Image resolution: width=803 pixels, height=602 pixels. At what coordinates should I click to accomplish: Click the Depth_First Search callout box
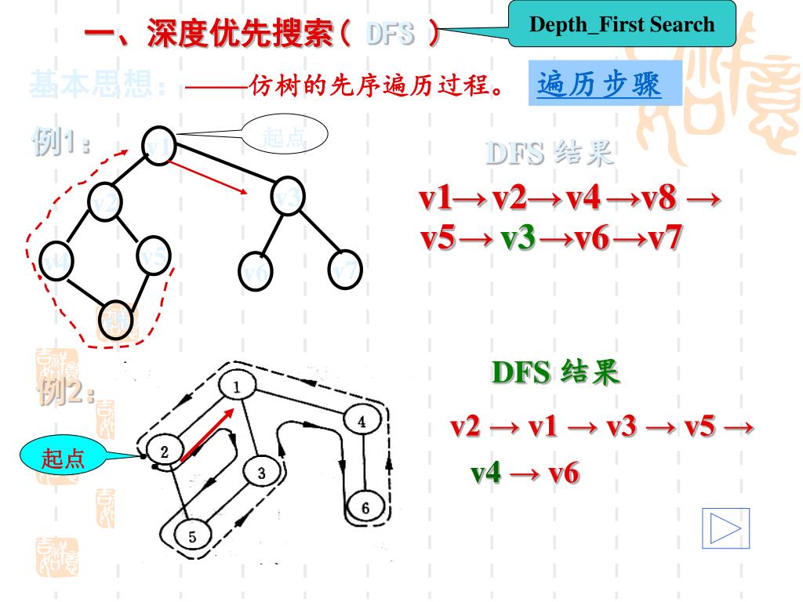tap(623, 24)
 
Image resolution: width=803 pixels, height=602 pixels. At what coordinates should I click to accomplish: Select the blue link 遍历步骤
tap(599, 84)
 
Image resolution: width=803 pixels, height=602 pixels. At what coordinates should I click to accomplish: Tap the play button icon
tap(725, 528)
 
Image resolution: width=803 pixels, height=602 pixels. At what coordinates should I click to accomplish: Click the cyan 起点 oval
tap(64, 459)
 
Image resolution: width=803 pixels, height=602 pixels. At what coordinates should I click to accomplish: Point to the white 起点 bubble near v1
tap(284, 136)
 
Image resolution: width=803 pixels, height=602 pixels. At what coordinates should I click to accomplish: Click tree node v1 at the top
tap(158, 147)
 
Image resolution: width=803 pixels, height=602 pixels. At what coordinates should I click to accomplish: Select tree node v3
tap(289, 198)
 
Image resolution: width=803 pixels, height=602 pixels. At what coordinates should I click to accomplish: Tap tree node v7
tap(346, 269)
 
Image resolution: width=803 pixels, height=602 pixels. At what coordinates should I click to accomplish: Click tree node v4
tap(56, 261)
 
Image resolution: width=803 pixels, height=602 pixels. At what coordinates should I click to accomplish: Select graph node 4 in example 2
tap(362, 421)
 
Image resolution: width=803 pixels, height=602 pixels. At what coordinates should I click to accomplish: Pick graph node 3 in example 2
tap(261, 473)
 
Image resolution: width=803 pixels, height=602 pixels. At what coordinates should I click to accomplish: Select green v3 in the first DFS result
tap(517, 238)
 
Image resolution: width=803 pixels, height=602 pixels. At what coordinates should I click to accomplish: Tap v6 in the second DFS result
tap(561, 473)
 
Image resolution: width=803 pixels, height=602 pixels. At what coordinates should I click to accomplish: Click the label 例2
tap(66, 389)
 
